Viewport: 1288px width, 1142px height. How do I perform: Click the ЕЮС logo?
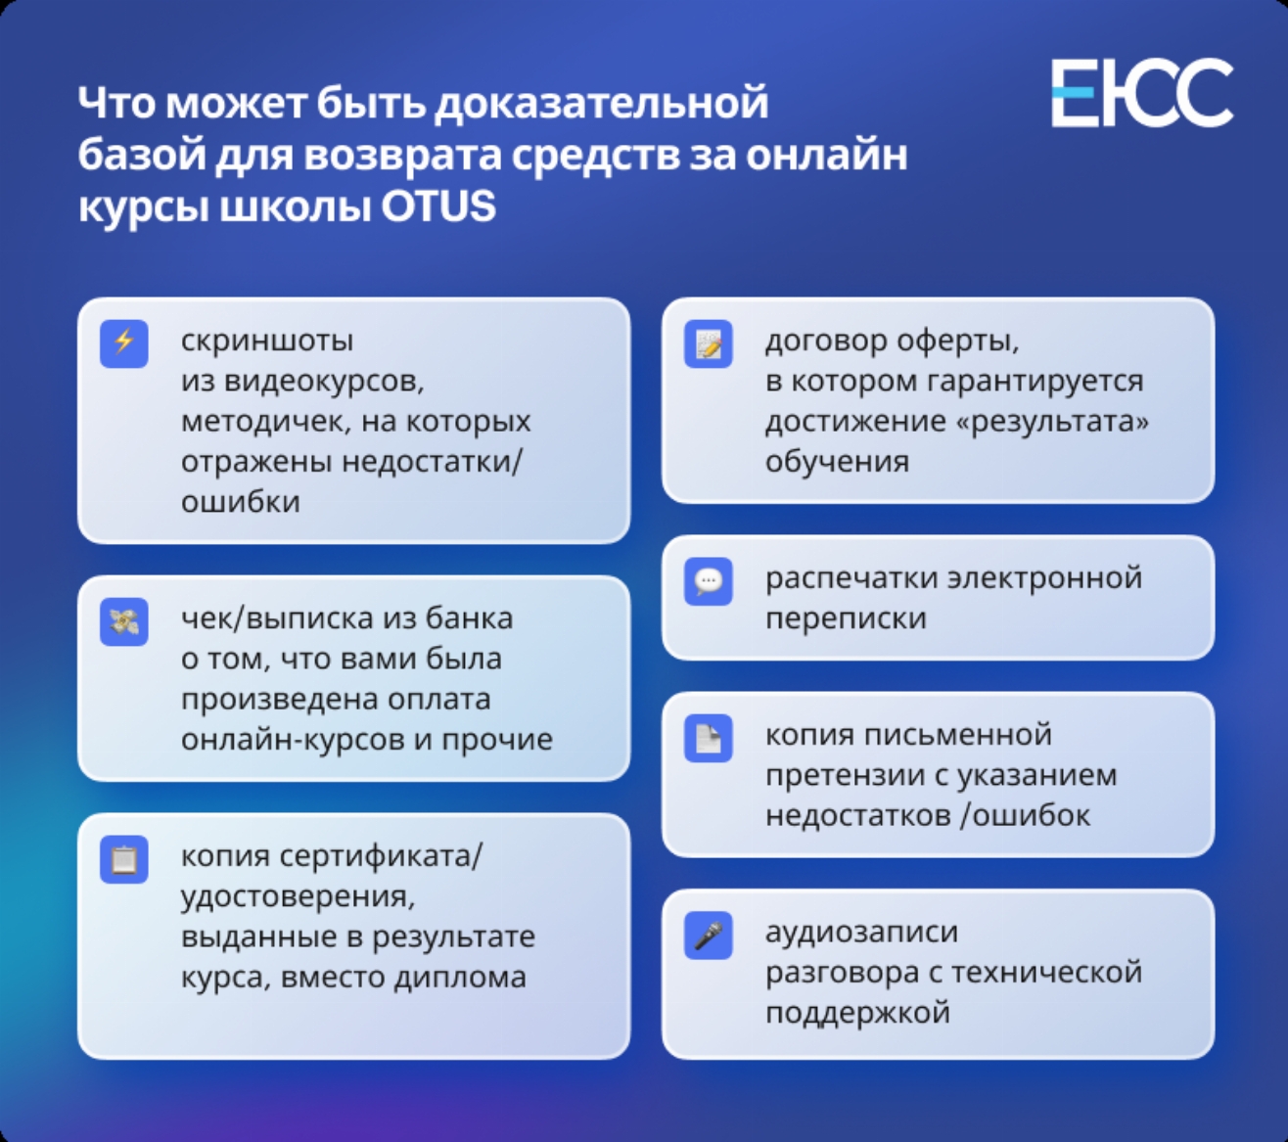(1142, 93)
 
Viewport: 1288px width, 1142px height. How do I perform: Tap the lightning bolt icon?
(124, 343)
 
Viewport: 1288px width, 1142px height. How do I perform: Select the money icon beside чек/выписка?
(124, 621)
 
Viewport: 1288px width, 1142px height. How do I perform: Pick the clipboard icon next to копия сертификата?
(124, 859)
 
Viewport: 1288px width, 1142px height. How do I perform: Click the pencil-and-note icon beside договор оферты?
(709, 343)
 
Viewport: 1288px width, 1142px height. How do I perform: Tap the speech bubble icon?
(709, 581)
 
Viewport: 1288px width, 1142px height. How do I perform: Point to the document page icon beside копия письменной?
(709, 738)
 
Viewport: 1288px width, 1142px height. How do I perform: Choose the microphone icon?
(709, 936)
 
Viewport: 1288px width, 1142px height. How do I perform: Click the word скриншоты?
(267, 341)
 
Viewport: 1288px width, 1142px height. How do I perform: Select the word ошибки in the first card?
(241, 501)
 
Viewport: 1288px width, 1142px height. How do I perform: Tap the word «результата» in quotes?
(1052, 421)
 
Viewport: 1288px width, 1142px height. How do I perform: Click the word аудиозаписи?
(861, 932)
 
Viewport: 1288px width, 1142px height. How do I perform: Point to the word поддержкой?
(857, 1012)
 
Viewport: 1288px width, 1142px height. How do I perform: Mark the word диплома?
(460, 977)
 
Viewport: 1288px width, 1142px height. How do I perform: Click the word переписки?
(846, 618)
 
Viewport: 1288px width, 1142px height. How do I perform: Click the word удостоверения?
(298, 896)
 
